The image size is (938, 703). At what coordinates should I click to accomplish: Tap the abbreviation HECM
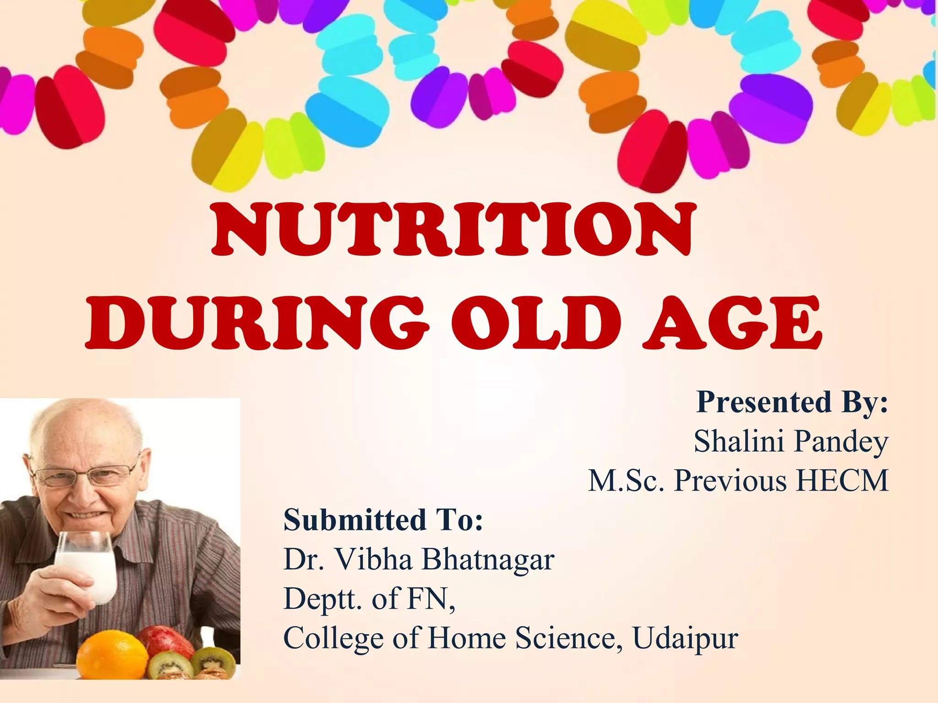tap(843, 481)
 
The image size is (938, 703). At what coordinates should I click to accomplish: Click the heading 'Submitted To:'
tap(383, 520)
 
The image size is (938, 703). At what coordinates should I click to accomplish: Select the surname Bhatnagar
tap(488, 560)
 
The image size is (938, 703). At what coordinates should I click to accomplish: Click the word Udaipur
tap(685, 638)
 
